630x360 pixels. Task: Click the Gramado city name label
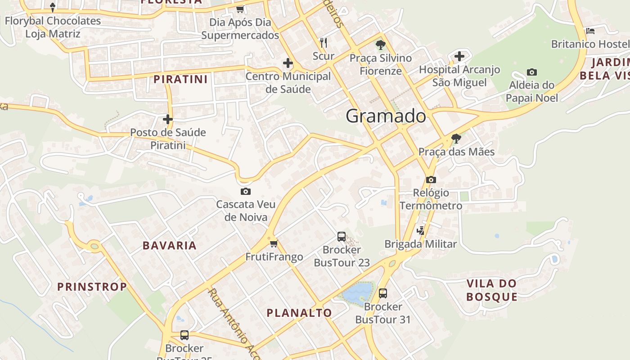tap(386, 116)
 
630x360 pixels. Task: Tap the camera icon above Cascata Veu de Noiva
tap(245, 191)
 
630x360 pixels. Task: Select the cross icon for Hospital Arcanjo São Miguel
tap(459, 56)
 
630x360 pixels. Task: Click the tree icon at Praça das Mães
tap(456, 138)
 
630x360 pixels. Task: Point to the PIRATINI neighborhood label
tap(180, 80)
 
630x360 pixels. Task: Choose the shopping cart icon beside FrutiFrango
tap(274, 243)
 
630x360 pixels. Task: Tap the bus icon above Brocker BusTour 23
tap(342, 236)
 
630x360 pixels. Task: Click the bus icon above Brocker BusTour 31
tap(383, 293)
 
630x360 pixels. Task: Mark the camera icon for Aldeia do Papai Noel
tap(531, 72)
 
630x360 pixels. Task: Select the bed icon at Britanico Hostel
tap(590, 31)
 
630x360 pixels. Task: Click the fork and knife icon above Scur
tap(323, 43)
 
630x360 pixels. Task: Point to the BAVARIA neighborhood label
tap(170, 246)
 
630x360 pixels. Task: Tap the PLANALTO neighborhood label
tap(299, 313)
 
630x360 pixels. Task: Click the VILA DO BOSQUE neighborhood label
tap(491, 290)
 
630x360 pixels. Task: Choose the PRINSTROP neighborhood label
tap(92, 287)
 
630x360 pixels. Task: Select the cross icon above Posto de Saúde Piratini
tap(167, 119)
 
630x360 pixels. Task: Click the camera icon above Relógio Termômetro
tap(431, 180)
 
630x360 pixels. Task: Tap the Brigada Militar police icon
tap(421, 230)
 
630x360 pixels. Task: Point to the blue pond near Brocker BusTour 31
tap(358, 292)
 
